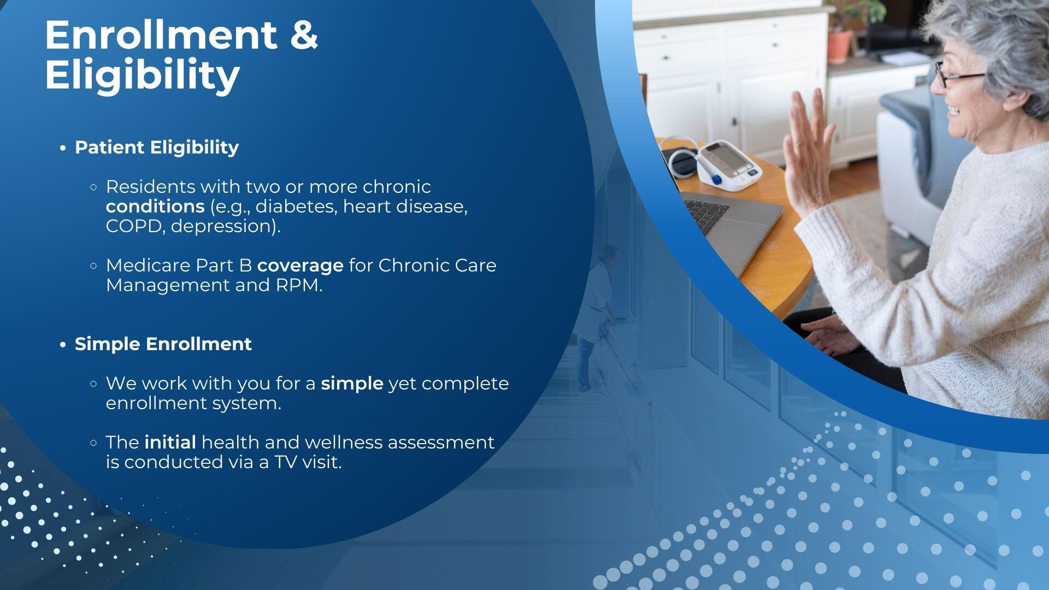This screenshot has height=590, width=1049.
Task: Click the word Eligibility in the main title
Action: [x=142, y=76]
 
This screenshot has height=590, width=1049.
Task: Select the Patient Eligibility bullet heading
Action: [x=157, y=147]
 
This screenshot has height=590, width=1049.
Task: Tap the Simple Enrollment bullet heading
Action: [x=163, y=344]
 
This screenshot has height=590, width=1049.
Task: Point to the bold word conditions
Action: [x=155, y=206]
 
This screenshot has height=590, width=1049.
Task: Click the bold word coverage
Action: [x=300, y=266]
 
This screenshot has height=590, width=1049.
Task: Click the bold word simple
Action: [x=352, y=384]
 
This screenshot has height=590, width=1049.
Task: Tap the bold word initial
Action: [x=170, y=442]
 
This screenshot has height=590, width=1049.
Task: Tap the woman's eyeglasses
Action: [x=957, y=76]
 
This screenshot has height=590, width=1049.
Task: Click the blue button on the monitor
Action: [x=716, y=179]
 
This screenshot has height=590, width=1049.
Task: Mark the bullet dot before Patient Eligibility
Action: [x=63, y=148]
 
